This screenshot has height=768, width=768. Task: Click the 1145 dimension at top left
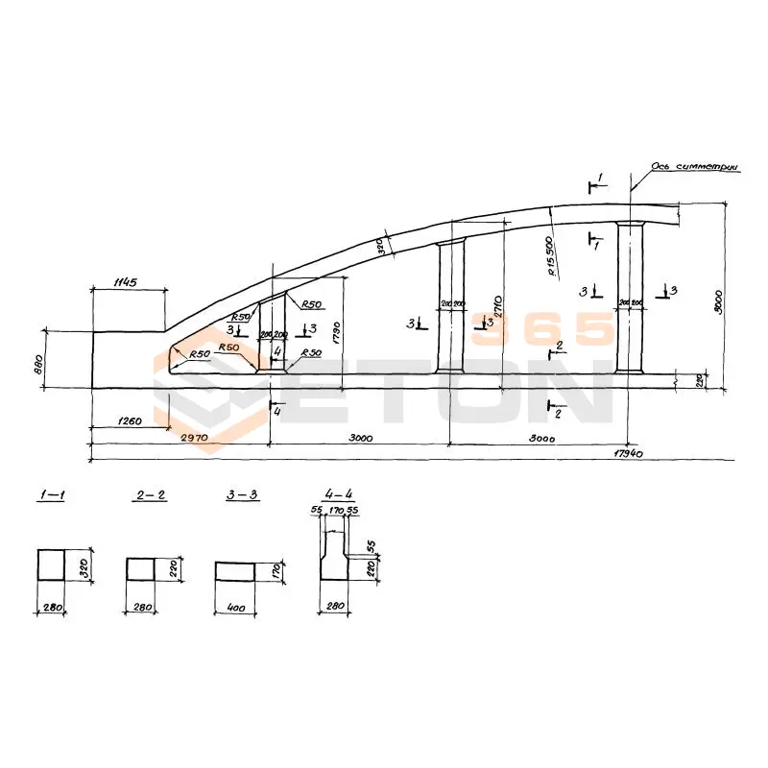pos(125,282)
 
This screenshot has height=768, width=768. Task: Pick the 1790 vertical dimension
pos(337,331)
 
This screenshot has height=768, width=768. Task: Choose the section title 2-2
pos(151,495)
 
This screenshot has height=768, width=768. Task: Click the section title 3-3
pos(241,495)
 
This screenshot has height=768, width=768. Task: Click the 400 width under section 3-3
pos(234,609)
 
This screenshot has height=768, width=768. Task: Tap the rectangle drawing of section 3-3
pos(234,571)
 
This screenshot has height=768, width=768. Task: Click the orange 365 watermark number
pos(542,330)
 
